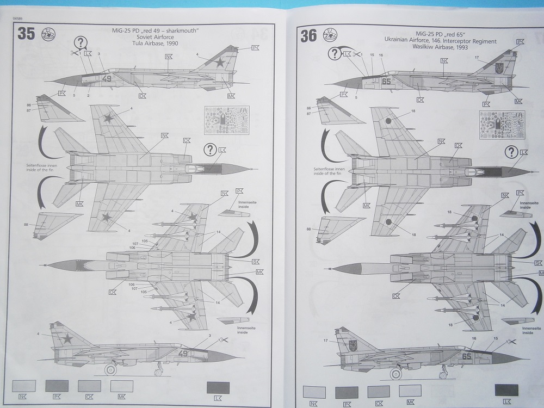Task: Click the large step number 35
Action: click(26, 34)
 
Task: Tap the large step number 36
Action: click(308, 36)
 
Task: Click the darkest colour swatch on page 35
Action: click(218, 387)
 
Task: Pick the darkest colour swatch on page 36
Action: click(506, 390)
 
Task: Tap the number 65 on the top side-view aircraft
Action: click(387, 82)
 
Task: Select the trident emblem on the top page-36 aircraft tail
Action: click(498, 69)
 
